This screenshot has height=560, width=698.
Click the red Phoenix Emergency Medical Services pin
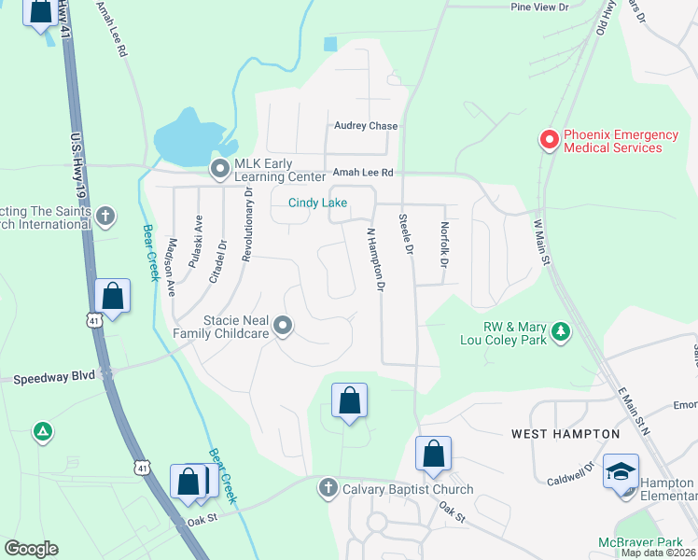(550, 140)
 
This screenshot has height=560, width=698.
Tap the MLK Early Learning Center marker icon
(220, 169)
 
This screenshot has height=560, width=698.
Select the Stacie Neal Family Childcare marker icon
(284, 326)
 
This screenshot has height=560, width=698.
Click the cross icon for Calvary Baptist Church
(328, 488)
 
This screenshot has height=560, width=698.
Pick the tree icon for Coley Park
(560, 331)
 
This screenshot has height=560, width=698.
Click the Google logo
(31, 549)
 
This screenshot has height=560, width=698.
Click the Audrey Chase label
(366, 126)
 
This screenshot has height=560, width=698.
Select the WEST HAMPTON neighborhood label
(565, 434)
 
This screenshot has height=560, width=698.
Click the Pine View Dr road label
(539, 7)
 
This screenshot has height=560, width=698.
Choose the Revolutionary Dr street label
(248, 224)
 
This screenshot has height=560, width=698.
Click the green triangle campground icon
(42, 431)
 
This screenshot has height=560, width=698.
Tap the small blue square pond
(329, 44)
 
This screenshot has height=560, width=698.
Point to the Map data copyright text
(658, 553)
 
